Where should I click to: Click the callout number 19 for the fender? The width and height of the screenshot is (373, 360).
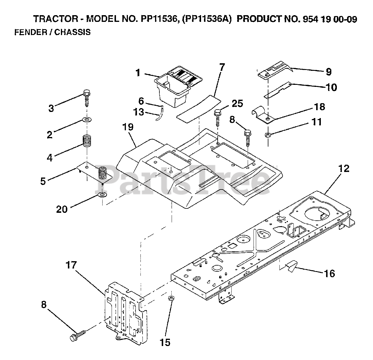pyautogui.click(x=128, y=127)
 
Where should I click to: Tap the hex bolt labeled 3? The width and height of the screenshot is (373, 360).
pyautogui.click(x=87, y=98)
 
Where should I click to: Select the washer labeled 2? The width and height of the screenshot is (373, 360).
pyautogui.click(x=87, y=120)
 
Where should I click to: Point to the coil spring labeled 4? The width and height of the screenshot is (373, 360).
pyautogui.click(x=87, y=141)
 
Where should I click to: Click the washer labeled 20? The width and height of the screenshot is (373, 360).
pyautogui.click(x=102, y=195)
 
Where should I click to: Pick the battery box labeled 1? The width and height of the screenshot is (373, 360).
pyautogui.click(x=178, y=86)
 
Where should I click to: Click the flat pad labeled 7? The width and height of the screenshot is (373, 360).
pyautogui.click(x=198, y=109)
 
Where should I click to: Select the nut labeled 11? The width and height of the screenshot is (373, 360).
pyautogui.click(x=268, y=135)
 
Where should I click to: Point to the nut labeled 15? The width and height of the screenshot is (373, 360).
pyautogui.click(x=171, y=298)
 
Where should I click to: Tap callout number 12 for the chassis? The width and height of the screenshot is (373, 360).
pyautogui.click(x=344, y=169)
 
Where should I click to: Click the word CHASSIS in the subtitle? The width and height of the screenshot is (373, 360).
pyautogui.click(x=73, y=32)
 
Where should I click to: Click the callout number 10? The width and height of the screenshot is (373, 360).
pyautogui.click(x=331, y=87)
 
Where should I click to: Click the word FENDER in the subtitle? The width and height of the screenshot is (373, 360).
pyautogui.click(x=31, y=32)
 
